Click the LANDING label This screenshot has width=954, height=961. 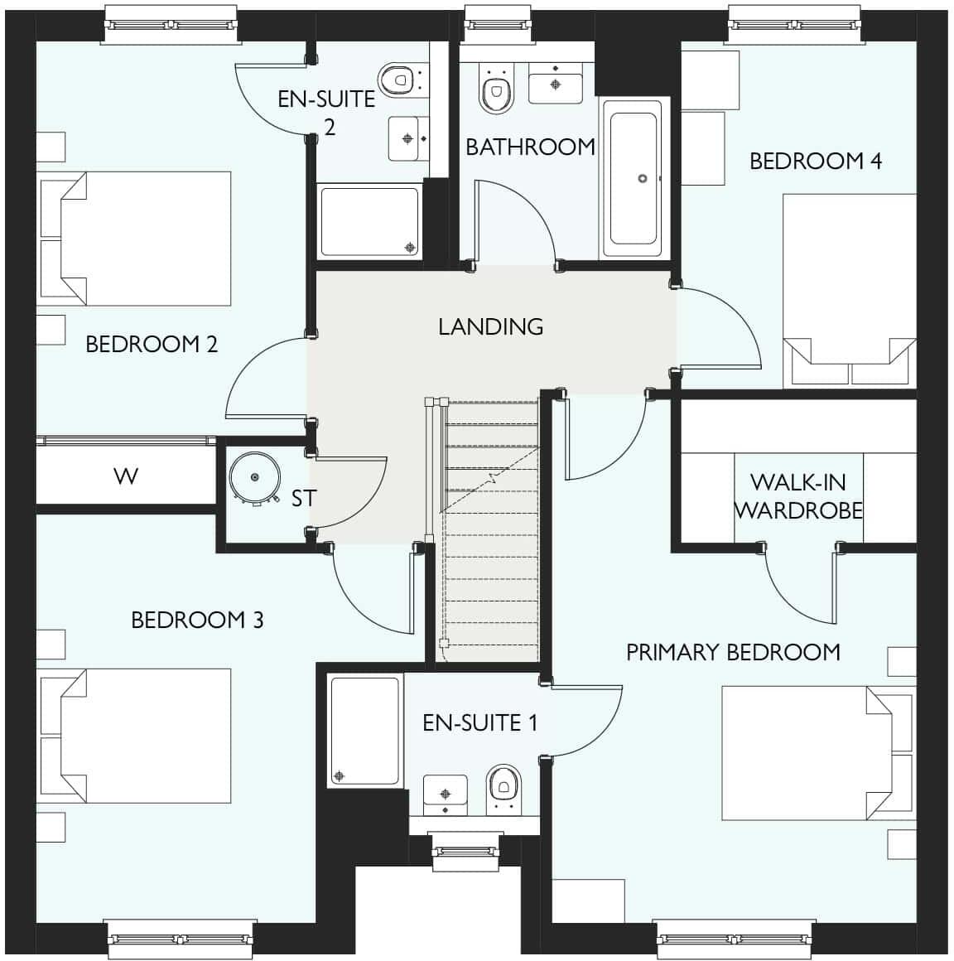[x=490, y=326]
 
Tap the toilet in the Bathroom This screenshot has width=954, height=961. [x=496, y=91]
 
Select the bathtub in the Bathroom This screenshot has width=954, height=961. [x=634, y=179]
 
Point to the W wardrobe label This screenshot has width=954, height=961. [x=126, y=476]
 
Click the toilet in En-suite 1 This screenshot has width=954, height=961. [x=502, y=786]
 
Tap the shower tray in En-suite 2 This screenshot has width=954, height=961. [x=369, y=222]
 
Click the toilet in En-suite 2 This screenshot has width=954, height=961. [x=398, y=80]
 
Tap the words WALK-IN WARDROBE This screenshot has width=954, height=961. [x=798, y=495]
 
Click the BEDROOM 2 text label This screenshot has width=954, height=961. [x=152, y=344]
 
